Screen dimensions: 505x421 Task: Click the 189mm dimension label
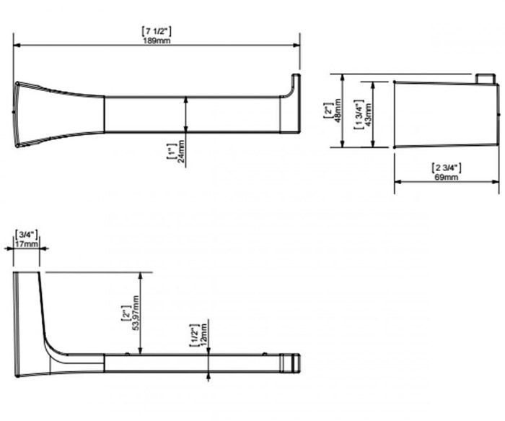(157, 41)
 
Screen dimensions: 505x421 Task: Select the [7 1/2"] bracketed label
(157, 31)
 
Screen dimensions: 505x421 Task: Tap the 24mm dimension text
(181, 152)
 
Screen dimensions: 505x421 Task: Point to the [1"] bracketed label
(172, 151)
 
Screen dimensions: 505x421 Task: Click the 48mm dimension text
(338, 110)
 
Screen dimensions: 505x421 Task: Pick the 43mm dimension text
(368, 114)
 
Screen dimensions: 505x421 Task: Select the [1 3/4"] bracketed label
(359, 114)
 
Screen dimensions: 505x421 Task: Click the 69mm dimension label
(446, 177)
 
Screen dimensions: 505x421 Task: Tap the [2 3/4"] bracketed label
(446, 168)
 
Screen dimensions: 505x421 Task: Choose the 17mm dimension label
(27, 243)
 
